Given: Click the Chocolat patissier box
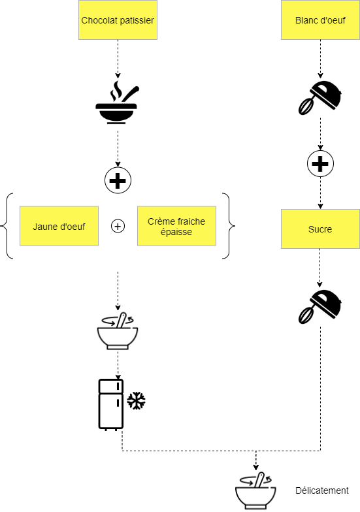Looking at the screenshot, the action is (x=118, y=20).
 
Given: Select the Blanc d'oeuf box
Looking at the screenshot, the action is (x=320, y=20).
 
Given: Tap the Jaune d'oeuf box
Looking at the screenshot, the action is (x=59, y=226).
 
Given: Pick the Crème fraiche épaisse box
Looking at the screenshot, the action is (x=176, y=226).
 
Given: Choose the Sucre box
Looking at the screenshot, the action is (x=320, y=229).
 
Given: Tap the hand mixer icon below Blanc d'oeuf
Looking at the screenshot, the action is (x=320, y=97).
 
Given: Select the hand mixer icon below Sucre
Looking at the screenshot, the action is (x=320, y=306).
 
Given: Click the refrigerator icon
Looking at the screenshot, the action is (x=111, y=404).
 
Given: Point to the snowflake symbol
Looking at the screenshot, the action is (x=136, y=401).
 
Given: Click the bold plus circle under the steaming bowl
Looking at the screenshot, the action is (x=118, y=180).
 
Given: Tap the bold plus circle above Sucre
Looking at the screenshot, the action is (x=320, y=163).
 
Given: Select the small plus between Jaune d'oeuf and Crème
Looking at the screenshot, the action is (x=118, y=226).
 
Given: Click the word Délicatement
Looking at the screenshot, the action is (x=322, y=490).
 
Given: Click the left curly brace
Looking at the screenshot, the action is (x=7, y=226).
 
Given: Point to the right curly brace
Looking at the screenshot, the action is (x=229, y=226).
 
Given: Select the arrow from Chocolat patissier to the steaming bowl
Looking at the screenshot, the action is (x=118, y=59).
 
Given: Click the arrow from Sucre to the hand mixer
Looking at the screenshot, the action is (x=320, y=268).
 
